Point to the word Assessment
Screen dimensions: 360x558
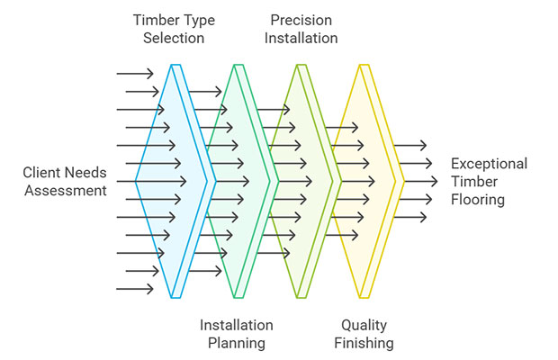pos(66,190)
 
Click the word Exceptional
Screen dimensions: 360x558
pos(489,164)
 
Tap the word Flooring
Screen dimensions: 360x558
pos(478,200)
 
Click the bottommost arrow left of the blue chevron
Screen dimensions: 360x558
pos(135,288)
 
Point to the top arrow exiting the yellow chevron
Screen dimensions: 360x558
pos(410,145)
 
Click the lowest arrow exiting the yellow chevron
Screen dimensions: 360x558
pos(410,217)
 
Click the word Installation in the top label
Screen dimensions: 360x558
pos(304,38)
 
